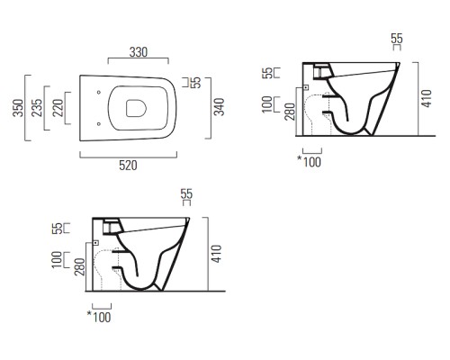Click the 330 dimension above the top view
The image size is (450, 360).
pyautogui.click(x=139, y=52)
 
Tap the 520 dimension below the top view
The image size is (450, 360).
pyautogui.click(x=128, y=166)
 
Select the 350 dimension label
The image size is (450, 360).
pyautogui.click(x=18, y=108)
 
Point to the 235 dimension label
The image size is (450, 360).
pyautogui.click(x=37, y=108)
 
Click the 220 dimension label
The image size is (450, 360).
pyautogui.click(x=58, y=108)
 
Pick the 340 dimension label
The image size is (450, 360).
pyautogui.click(x=219, y=107)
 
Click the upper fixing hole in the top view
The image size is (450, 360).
pyautogui.click(x=99, y=93)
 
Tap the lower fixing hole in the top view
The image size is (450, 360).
pyautogui.click(x=99, y=123)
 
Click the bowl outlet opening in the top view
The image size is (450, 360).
pyautogui.click(x=136, y=108)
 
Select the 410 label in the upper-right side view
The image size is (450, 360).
pyautogui.click(x=427, y=98)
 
